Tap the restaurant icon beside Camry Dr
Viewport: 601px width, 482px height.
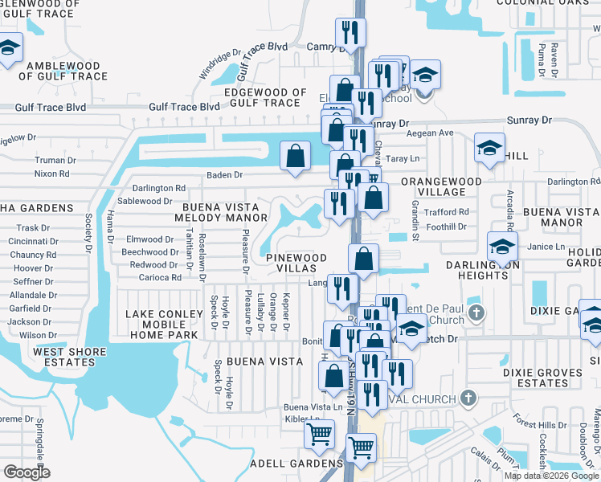pos(350,33)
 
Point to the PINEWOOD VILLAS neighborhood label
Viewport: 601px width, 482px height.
pos(297,263)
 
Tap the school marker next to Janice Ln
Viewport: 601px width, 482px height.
pos(502,246)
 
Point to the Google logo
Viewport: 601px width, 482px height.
pos(27,472)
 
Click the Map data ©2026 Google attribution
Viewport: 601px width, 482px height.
pos(551,476)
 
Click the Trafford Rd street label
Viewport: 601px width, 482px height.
pos(447,212)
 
